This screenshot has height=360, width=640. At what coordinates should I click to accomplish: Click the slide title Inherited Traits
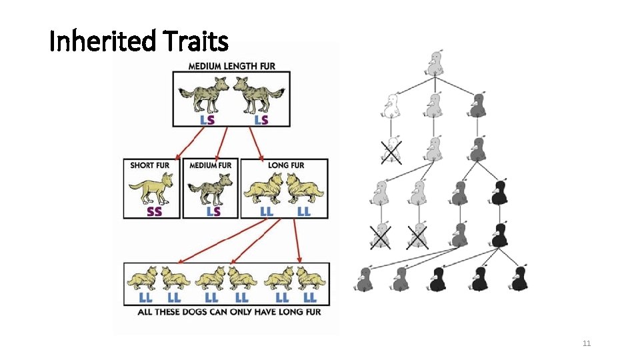(139, 42)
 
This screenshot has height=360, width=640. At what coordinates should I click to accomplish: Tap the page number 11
(587, 343)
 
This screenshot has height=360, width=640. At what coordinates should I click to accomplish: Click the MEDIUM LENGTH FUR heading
(231, 66)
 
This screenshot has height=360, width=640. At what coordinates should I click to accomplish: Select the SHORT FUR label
(150, 165)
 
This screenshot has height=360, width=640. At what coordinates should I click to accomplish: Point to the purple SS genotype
(153, 211)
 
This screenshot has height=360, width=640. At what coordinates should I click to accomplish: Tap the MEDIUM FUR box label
(211, 165)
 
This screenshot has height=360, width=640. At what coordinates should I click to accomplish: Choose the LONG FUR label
(285, 165)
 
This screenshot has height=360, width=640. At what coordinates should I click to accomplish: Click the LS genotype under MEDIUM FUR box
(213, 211)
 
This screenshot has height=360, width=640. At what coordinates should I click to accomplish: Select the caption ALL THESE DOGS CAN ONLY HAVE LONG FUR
(229, 311)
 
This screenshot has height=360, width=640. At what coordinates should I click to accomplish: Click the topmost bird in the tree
(435, 64)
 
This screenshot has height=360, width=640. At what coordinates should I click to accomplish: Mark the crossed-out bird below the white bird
(391, 151)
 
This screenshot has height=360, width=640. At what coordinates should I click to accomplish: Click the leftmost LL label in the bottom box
(144, 297)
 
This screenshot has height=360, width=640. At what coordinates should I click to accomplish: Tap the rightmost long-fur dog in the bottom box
(311, 277)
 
